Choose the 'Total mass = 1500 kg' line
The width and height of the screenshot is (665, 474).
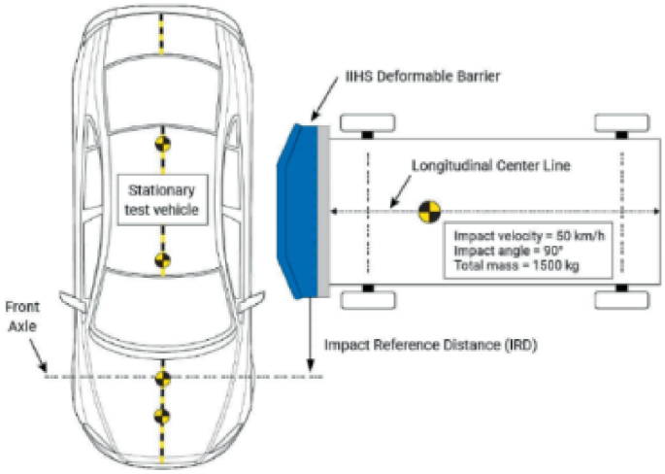pyautogui.click(x=514, y=265)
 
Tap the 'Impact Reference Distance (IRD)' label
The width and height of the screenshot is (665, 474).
pyautogui.click(x=430, y=344)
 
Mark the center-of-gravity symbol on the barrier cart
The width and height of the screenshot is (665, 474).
pyautogui.click(x=427, y=211)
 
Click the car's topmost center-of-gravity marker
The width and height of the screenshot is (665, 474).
pyautogui.click(x=163, y=144)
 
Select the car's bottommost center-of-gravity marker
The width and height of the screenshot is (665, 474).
pyautogui.click(x=163, y=417)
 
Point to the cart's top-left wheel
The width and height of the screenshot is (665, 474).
pyautogui.click(x=367, y=122)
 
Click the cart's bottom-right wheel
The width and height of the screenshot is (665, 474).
pyautogui.click(x=620, y=298)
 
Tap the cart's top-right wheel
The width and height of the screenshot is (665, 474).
pyautogui.click(x=620, y=122)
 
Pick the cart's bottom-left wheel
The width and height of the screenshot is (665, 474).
pyautogui.click(x=367, y=298)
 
